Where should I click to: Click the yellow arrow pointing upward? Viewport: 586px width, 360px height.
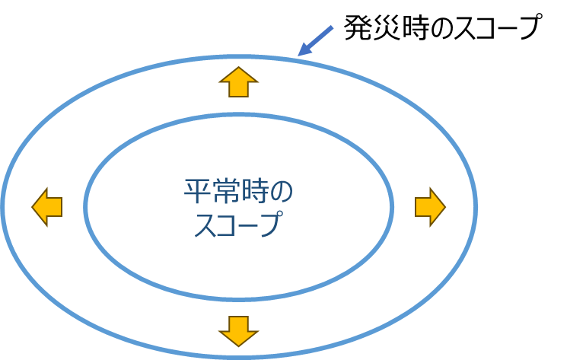(x=239, y=81)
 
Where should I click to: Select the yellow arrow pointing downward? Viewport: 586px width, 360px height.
(x=239, y=330)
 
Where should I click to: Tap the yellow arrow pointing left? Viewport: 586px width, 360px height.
(x=47, y=206)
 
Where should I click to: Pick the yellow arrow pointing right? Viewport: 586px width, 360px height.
(x=430, y=206)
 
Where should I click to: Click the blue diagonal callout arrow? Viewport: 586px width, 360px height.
(x=315, y=41)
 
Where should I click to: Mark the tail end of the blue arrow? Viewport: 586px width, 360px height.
(x=333, y=27)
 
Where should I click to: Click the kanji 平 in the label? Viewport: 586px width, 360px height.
(x=197, y=191)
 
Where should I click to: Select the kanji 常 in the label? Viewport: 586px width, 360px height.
(x=225, y=191)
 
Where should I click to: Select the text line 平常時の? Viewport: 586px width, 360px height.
(x=238, y=191)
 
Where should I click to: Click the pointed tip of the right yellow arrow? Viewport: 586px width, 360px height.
(x=444, y=206)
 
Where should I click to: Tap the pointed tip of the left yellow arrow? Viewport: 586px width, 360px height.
(x=33, y=206)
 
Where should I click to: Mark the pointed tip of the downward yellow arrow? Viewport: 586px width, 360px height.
(x=239, y=346)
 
